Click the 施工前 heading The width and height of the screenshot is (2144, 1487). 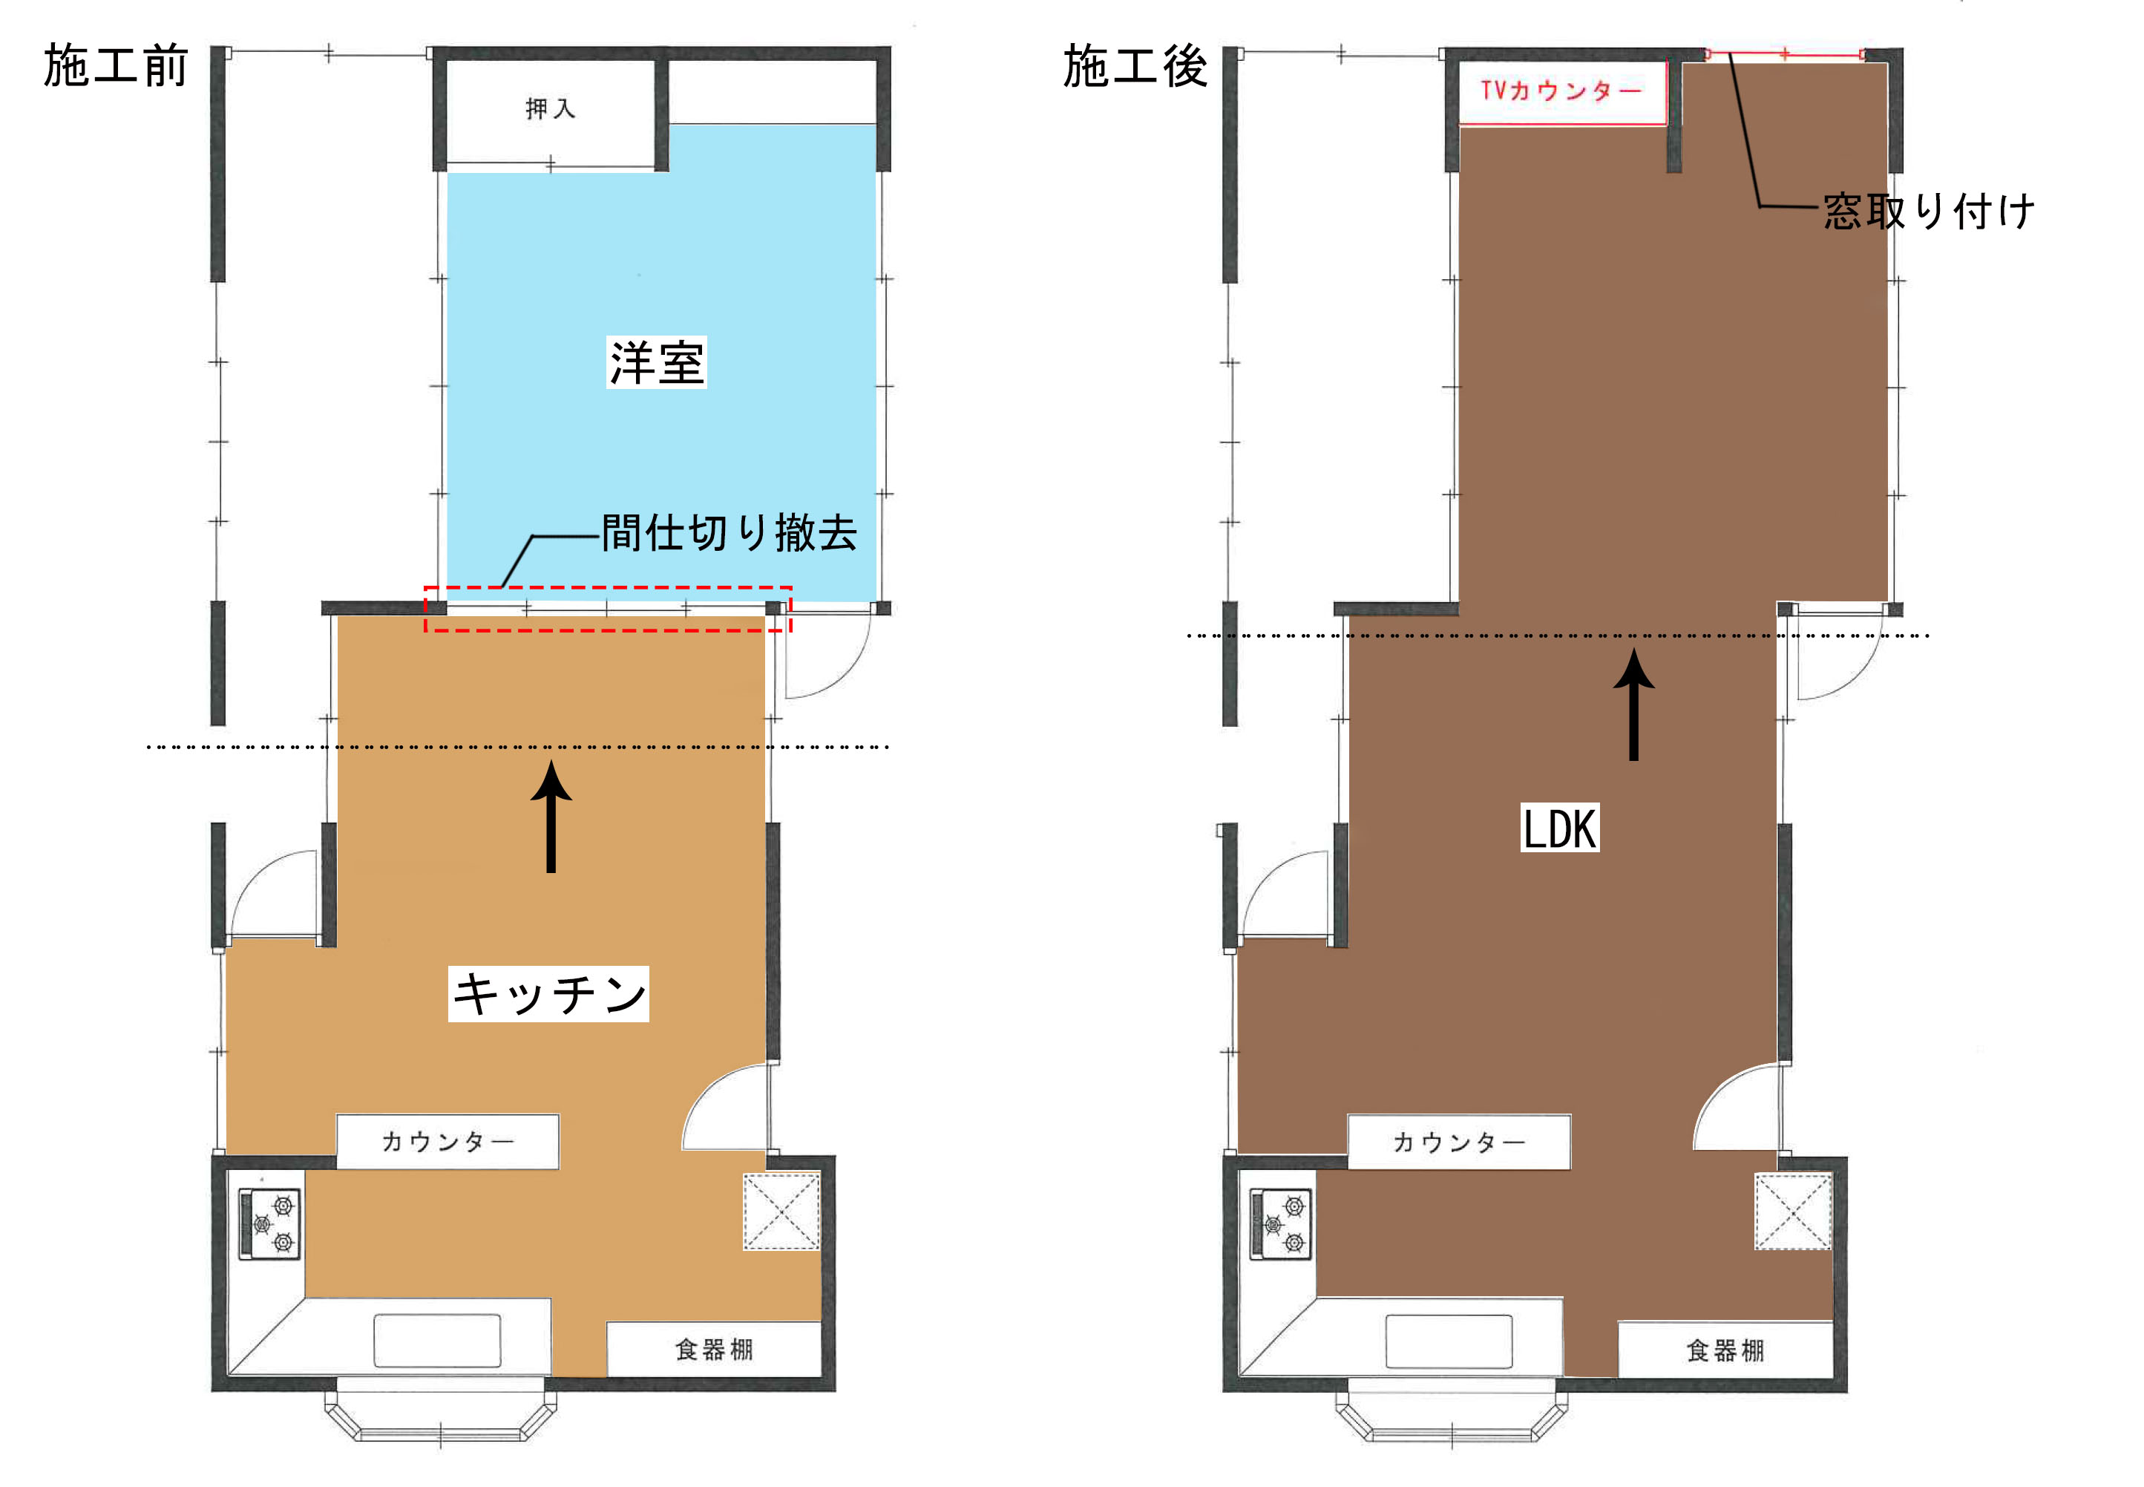tap(116, 66)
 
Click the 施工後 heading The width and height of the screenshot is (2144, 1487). tap(1135, 66)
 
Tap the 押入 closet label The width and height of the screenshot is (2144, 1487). tap(551, 109)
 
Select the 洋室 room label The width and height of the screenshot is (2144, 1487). tap(657, 362)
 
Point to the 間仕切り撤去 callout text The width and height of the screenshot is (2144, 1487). tap(730, 533)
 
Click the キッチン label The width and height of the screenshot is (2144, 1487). tap(548, 993)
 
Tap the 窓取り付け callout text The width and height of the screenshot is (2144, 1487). tap(1928, 212)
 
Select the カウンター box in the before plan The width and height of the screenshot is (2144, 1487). tap(448, 1141)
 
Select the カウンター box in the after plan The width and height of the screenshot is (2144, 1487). tap(1460, 1141)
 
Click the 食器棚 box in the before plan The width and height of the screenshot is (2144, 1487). tap(715, 1348)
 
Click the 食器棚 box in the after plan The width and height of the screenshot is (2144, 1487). tap(1726, 1348)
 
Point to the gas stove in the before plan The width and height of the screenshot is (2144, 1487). tap(270, 1223)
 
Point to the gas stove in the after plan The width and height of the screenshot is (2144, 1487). tap(1282, 1223)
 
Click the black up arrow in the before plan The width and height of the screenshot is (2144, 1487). tap(551, 816)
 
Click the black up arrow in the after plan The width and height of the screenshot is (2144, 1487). tap(1633, 705)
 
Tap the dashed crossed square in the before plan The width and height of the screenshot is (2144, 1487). tap(781, 1212)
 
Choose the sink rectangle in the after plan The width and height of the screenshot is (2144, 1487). tap(1449, 1341)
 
